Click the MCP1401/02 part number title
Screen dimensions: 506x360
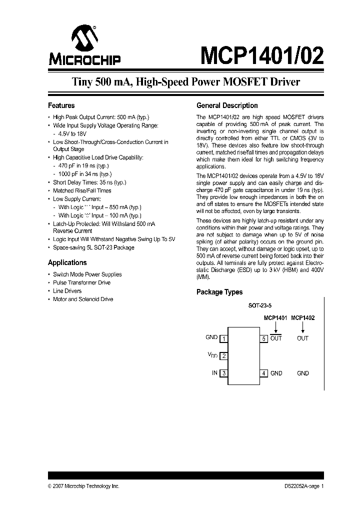click(x=261, y=54)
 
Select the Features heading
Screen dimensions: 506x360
click(x=61, y=105)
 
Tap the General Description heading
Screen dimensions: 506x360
click(x=227, y=105)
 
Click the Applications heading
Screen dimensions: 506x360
click(x=67, y=262)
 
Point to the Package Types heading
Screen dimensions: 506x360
click(x=219, y=292)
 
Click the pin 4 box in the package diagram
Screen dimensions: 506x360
click(x=263, y=373)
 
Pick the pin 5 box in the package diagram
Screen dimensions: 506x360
click(x=263, y=338)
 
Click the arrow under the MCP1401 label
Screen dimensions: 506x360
click(x=275, y=326)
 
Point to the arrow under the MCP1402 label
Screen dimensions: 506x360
click(x=302, y=326)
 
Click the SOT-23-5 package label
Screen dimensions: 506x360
click(x=260, y=304)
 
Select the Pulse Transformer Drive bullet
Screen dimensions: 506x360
click(x=81, y=282)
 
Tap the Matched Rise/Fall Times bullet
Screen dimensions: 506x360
click(x=82, y=190)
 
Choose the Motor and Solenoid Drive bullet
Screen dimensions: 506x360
click(x=83, y=299)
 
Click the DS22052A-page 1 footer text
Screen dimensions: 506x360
click(x=301, y=486)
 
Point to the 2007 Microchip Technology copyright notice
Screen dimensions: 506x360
click(x=83, y=486)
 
